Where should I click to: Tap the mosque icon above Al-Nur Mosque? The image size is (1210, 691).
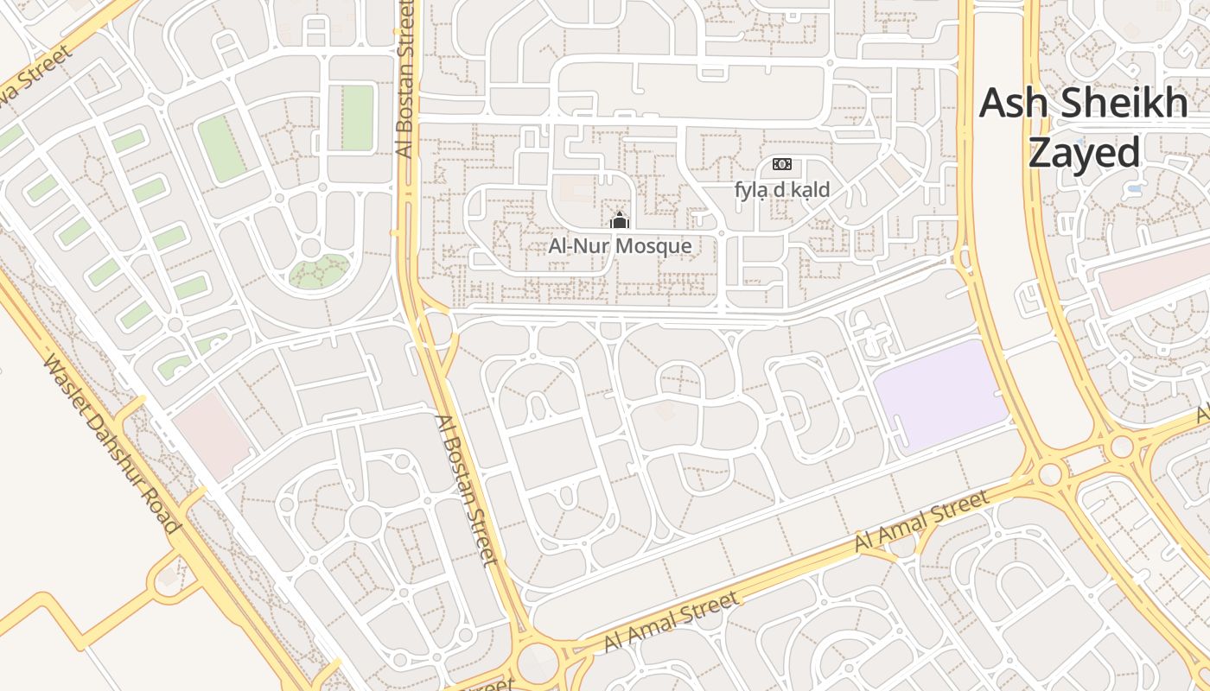pos(619,221)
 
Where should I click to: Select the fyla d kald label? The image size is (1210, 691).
pos(782,190)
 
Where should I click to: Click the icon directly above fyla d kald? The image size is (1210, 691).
pos(781,164)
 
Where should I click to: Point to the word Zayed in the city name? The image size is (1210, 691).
pos(1084,153)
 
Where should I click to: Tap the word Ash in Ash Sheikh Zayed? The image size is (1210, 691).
pos(1008,104)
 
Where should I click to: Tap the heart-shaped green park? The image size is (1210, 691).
pos(319,271)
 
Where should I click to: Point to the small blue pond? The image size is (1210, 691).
pos(1135,186)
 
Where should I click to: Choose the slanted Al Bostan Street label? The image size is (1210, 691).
pos(468,490)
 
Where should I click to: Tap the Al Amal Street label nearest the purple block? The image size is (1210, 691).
pos(921,521)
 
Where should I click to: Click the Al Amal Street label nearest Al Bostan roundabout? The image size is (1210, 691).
pos(672,622)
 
